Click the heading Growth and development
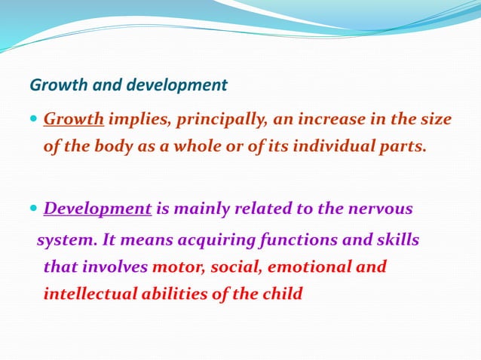click(128, 85)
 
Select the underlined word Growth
click(74, 119)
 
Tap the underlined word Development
click(98, 208)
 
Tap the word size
click(437, 119)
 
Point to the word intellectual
click(90, 293)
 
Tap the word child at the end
click(281, 293)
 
